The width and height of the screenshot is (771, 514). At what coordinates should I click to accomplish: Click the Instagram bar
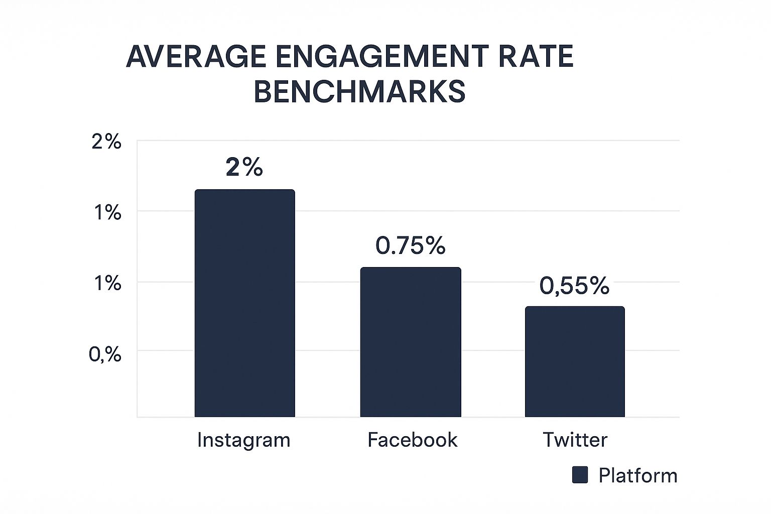click(x=244, y=303)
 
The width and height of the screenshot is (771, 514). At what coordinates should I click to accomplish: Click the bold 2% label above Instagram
click(x=244, y=168)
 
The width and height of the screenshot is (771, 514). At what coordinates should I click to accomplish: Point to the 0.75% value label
click(x=411, y=245)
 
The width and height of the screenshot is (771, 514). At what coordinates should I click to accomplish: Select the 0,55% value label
click(x=574, y=286)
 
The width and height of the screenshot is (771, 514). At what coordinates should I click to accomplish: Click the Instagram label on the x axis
click(x=244, y=440)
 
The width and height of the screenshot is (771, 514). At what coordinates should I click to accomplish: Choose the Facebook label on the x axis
click(x=412, y=440)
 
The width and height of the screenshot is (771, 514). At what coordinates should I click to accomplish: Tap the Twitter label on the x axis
click(x=575, y=440)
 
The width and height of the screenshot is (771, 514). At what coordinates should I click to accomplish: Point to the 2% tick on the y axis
click(x=106, y=142)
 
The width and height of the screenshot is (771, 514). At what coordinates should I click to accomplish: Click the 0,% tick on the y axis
click(x=105, y=355)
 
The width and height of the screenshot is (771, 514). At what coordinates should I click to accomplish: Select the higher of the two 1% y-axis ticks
click(x=107, y=213)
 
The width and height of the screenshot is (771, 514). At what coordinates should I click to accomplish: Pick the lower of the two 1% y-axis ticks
click(x=107, y=284)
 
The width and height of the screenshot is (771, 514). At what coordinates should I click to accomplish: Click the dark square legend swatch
click(x=580, y=475)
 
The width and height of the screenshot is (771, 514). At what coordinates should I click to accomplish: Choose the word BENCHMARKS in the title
click(x=359, y=92)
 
